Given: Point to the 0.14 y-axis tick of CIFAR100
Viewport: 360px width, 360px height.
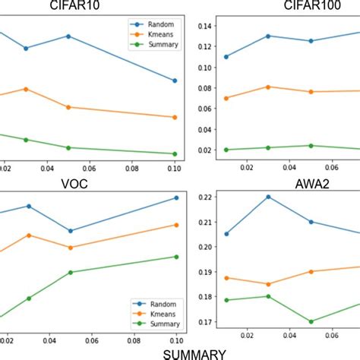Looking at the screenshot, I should click(x=205, y=26).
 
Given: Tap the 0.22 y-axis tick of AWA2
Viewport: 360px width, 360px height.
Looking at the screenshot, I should click(x=205, y=197).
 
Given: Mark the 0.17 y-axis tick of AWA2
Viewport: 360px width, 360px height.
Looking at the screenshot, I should click(x=205, y=322).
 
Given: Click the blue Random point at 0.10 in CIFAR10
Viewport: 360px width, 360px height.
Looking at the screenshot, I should click(x=175, y=81).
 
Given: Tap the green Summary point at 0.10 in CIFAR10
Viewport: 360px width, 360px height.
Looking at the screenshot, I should click(x=175, y=153).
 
